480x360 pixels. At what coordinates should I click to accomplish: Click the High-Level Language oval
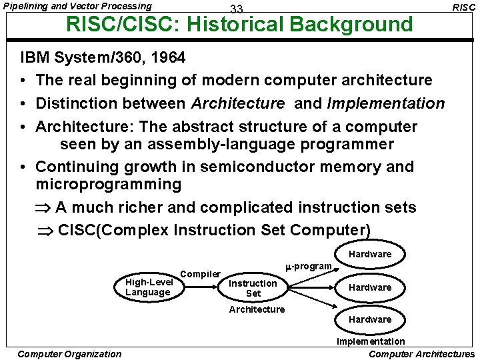[149, 287]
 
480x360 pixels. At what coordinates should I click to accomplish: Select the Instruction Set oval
[253, 288]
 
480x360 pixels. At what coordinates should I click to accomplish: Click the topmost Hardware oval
[370, 254]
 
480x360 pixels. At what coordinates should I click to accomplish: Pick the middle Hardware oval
[370, 287]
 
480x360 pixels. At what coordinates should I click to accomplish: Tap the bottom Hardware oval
[370, 319]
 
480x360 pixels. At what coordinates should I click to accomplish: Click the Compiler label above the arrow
[201, 274]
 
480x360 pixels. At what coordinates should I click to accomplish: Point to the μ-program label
[309, 267]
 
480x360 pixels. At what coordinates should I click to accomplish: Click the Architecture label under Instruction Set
[257, 309]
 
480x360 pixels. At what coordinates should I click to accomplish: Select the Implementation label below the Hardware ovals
[370, 341]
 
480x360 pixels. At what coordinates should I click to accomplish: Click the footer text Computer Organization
[69, 354]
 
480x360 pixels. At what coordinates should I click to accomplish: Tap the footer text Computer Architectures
[421, 354]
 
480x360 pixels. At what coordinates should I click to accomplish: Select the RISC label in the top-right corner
[463, 7]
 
